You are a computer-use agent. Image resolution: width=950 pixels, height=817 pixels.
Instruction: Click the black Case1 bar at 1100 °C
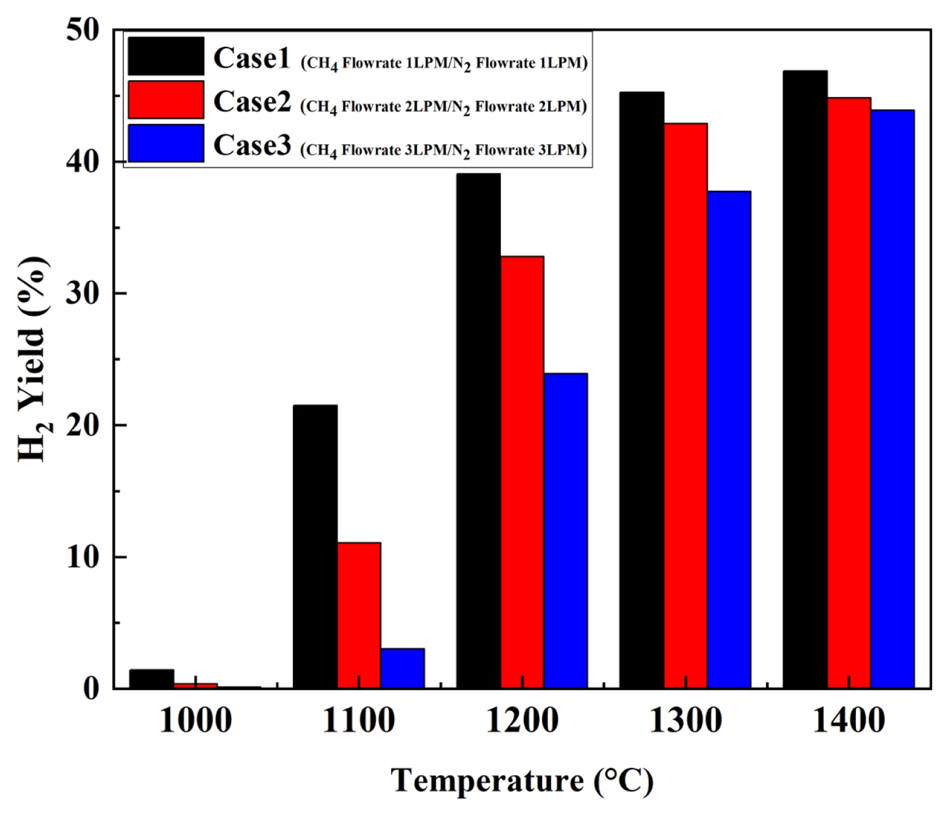click(x=315, y=547)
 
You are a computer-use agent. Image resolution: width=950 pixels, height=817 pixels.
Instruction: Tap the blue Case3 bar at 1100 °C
click(x=403, y=668)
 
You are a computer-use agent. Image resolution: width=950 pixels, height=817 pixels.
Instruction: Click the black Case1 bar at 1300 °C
click(x=641, y=390)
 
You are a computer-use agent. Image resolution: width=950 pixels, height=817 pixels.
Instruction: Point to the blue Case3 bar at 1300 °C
click(x=729, y=440)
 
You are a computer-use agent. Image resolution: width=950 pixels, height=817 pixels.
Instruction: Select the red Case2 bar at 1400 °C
click(x=849, y=393)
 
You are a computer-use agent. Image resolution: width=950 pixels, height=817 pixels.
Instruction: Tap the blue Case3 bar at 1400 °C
click(x=892, y=399)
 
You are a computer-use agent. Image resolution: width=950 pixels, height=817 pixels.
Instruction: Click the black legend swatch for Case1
click(x=166, y=56)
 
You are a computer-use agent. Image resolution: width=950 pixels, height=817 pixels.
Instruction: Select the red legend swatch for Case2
click(x=166, y=100)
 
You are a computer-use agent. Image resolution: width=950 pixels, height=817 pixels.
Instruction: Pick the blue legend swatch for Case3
click(x=166, y=143)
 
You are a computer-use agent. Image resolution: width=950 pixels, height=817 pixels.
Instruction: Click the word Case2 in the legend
click(x=252, y=102)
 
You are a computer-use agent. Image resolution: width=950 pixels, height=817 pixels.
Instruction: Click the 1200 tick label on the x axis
click(x=522, y=721)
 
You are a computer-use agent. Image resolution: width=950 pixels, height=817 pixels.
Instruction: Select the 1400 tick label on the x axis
click(x=849, y=721)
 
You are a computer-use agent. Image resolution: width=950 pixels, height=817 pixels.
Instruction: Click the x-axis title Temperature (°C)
click(x=522, y=780)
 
